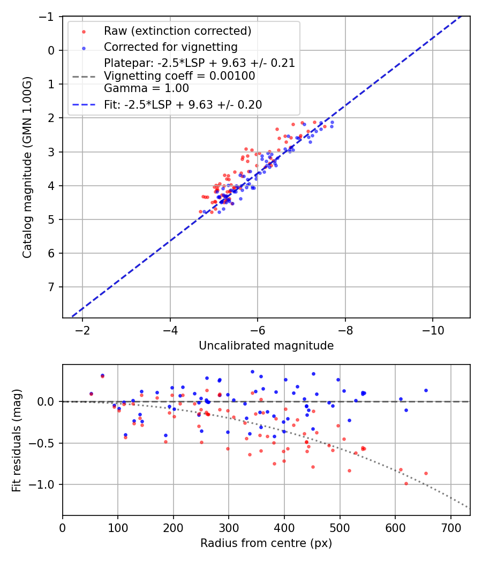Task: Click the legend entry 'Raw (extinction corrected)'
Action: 177,31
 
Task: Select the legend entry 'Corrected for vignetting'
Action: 170,47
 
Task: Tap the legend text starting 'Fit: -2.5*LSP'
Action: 183,105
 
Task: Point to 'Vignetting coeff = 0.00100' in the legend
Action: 179,76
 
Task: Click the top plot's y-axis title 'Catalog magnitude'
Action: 27,167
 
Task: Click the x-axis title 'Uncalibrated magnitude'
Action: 266,346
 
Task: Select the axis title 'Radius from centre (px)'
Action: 266,543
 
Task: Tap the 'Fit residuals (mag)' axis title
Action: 17,440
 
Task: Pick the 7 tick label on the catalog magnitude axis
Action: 51,287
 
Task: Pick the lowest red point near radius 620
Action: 406,483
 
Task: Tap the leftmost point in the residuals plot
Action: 91,394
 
